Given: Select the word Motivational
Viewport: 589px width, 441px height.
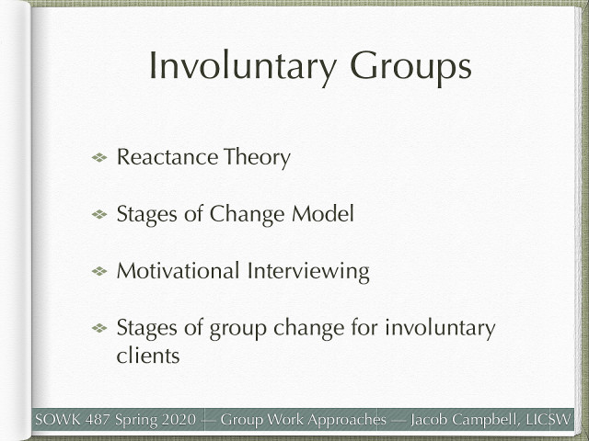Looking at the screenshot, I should click(x=176, y=271).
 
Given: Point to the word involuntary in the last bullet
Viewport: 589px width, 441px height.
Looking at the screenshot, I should click(x=436, y=328).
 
